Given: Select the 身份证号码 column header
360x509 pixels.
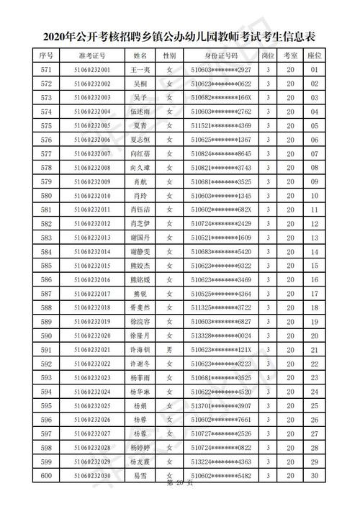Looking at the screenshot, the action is click(221, 55).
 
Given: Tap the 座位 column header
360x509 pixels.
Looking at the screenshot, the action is click(314, 55).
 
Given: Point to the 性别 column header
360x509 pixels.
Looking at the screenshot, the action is click(169, 55).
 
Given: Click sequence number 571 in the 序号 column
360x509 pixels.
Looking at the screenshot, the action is click(47, 70).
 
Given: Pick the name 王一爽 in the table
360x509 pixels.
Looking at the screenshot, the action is click(140, 70).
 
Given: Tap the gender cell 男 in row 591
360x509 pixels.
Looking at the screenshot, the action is click(169, 350).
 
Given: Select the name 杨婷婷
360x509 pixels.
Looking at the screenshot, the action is click(140, 448).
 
